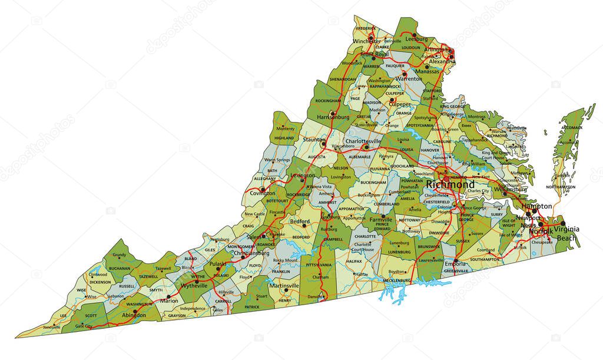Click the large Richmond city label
coord(449,184)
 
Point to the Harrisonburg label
coord(334,117)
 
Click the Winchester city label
coord(367,41)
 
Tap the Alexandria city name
coord(442,61)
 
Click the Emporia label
coord(456,265)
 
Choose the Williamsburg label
coord(511,190)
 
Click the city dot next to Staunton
coord(323,143)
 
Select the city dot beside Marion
coord(169,296)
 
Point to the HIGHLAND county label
coord(284,138)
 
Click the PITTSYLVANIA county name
coord(319,265)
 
